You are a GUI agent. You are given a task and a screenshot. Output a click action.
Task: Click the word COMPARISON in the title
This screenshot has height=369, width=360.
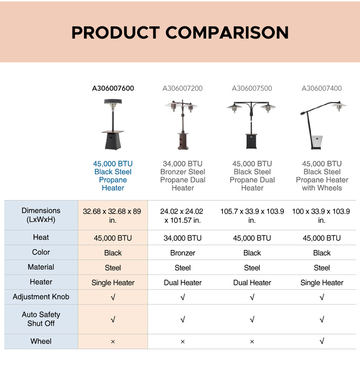[x=227, y=33]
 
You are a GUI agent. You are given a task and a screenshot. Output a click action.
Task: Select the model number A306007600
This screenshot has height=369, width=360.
[x=113, y=88]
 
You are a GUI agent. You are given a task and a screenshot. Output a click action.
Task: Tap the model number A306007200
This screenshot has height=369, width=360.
[x=182, y=88]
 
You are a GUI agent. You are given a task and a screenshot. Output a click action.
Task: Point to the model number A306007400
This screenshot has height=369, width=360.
[x=322, y=88]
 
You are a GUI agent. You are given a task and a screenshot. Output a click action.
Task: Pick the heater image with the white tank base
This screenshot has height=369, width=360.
[x=323, y=125]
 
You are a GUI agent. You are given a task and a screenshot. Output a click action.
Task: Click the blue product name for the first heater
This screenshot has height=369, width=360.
[x=113, y=176]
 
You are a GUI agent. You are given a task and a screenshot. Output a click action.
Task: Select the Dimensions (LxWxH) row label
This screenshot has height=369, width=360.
[x=41, y=215]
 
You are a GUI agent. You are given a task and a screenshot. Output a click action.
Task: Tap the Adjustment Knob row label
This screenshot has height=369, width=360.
[x=41, y=297]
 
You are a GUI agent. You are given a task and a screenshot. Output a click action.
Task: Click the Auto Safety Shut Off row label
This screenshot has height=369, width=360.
[x=41, y=319]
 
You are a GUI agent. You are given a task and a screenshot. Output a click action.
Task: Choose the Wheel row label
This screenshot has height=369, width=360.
[x=41, y=341]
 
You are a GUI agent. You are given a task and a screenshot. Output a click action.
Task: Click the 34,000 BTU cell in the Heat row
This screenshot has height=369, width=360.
[x=182, y=238]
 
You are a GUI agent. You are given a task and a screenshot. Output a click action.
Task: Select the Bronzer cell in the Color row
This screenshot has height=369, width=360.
[x=183, y=253]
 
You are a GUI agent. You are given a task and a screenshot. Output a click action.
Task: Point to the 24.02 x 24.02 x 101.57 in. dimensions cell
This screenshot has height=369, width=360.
[x=182, y=216]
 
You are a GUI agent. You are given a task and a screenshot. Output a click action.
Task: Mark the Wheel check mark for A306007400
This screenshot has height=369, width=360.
[x=322, y=341]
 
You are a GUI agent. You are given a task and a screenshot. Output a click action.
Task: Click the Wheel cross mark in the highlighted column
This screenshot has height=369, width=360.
[x=113, y=342]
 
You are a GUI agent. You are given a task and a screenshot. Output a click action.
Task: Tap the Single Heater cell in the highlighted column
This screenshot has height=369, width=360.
[x=113, y=283]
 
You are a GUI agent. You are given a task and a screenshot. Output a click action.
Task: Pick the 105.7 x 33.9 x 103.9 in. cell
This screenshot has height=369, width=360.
[x=252, y=216]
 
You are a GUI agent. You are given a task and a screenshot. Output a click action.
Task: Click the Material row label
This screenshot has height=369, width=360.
[x=41, y=267]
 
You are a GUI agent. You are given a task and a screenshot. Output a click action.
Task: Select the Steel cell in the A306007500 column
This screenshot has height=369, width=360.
[x=252, y=268]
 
